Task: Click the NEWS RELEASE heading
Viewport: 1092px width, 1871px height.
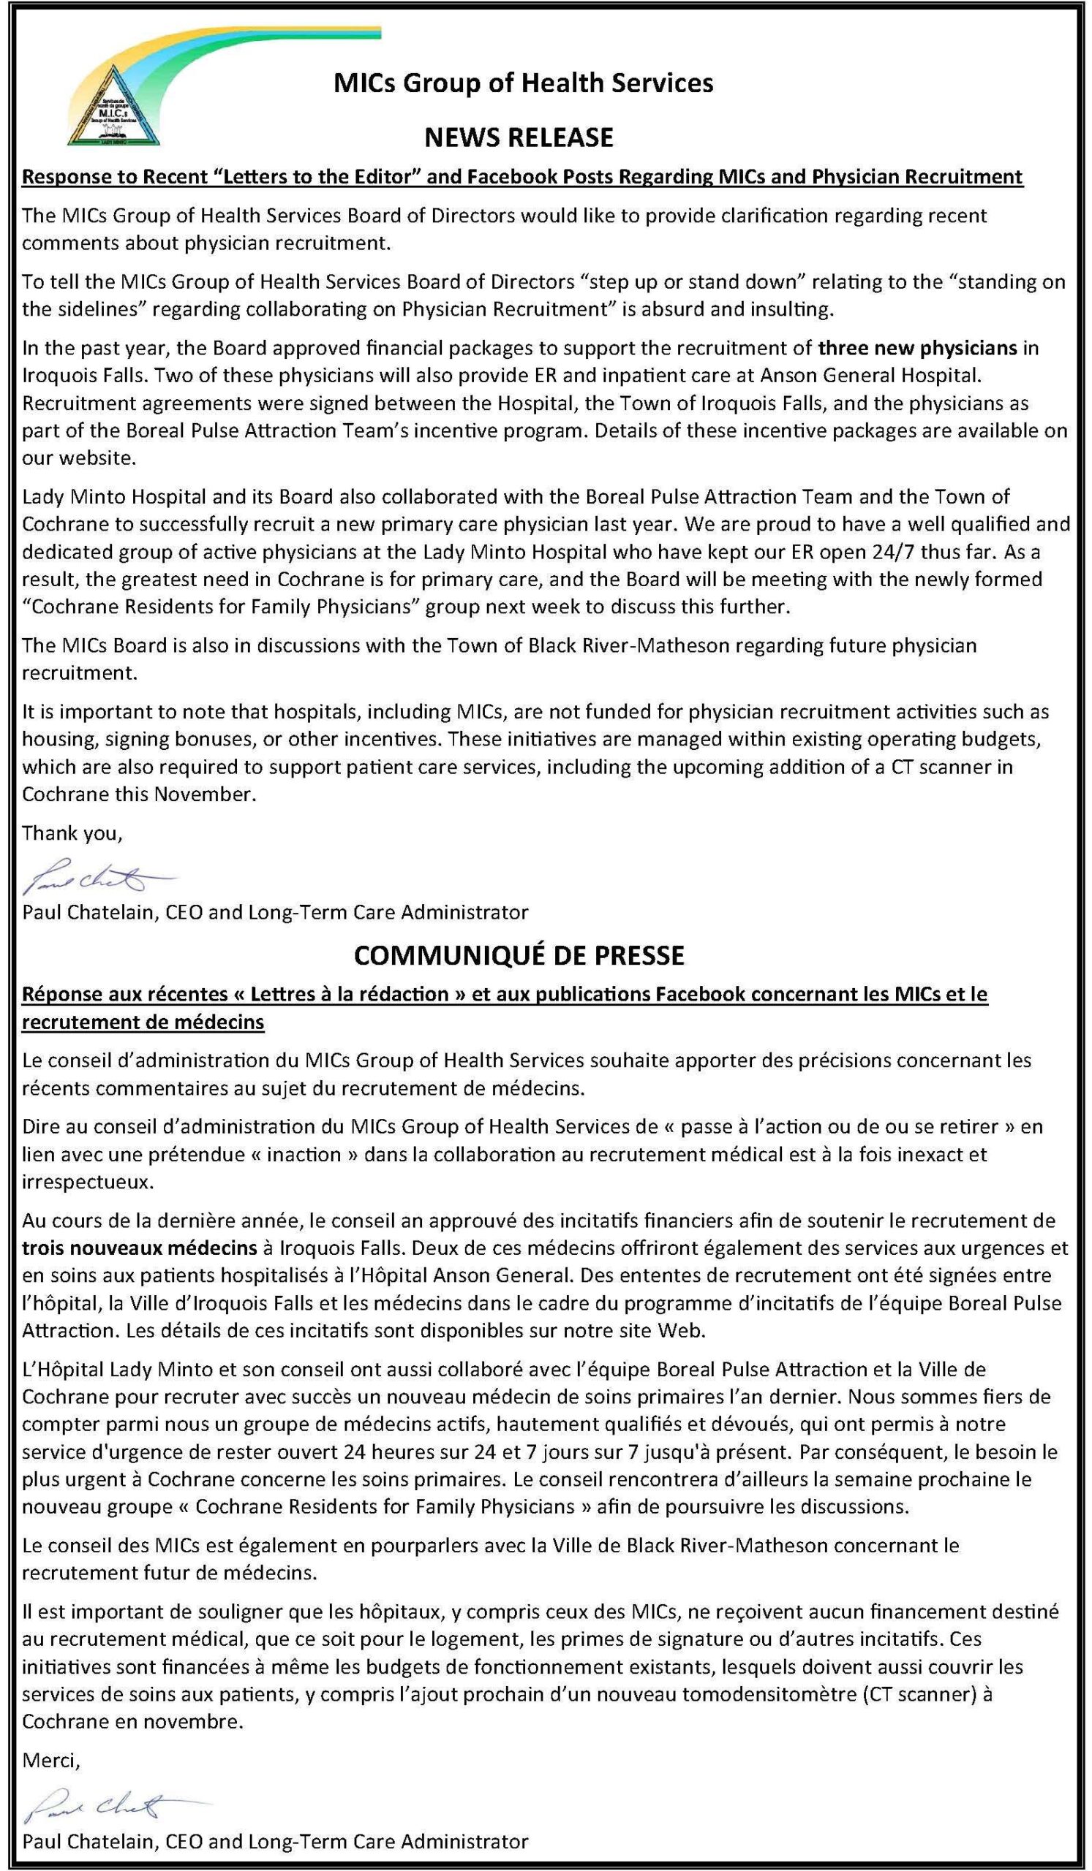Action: [519, 137]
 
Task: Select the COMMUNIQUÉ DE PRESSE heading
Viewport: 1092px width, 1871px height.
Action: [519, 955]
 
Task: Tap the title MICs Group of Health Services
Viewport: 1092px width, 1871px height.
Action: [523, 83]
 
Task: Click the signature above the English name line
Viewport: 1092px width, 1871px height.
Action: [95, 877]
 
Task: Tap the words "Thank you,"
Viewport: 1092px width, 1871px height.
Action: [72, 833]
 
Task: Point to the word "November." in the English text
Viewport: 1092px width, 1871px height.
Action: [204, 794]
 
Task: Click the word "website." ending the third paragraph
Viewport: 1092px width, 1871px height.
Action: [79, 458]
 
